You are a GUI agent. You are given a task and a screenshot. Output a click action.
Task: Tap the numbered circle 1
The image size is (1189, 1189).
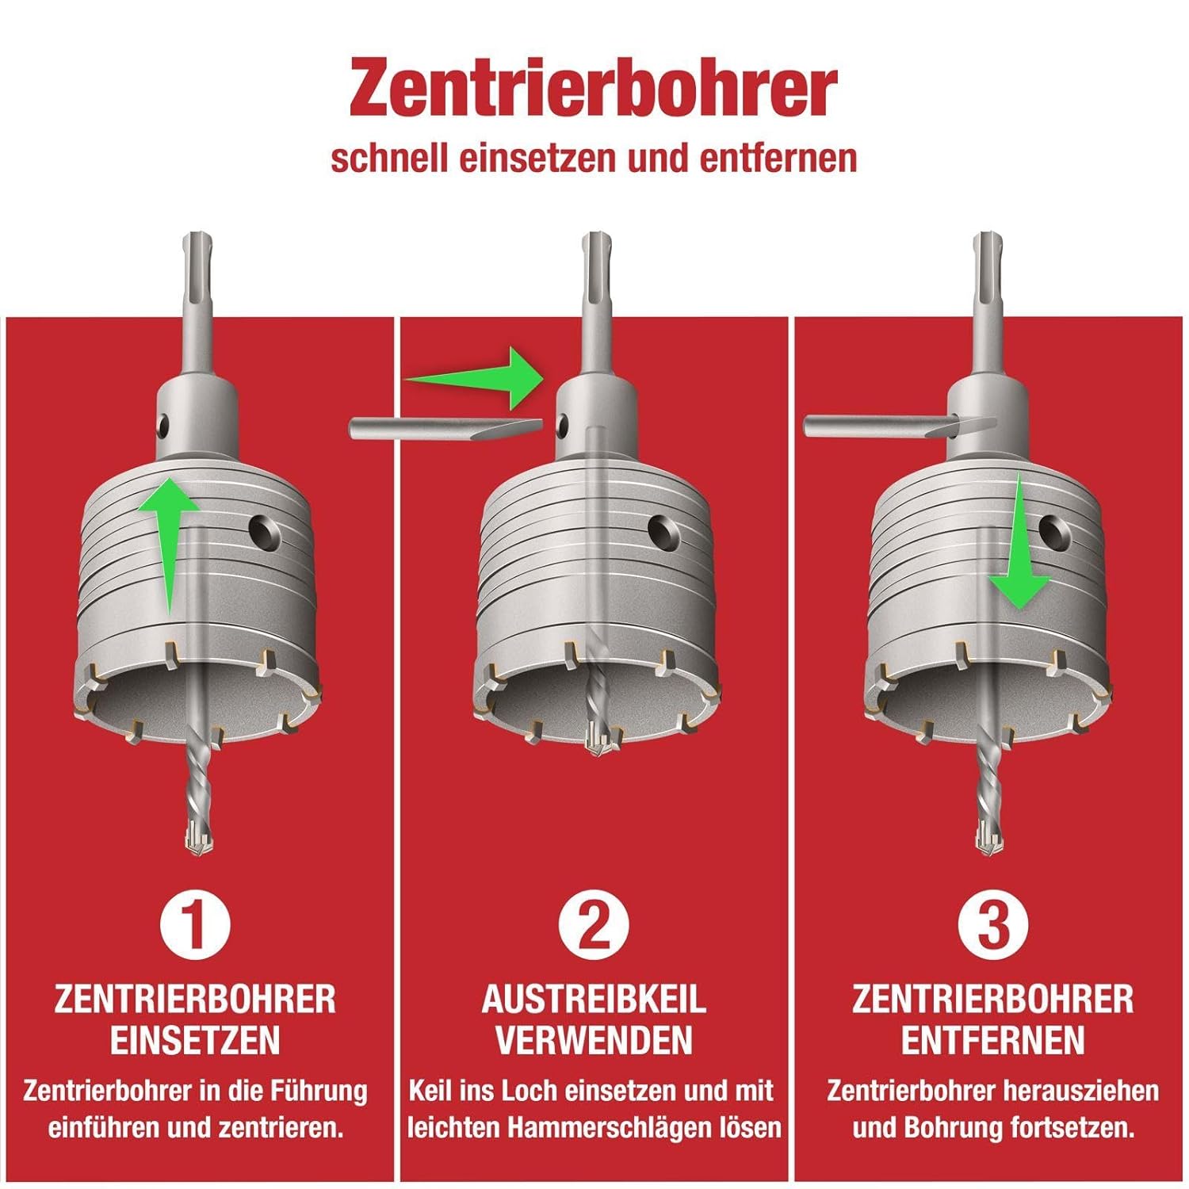195,924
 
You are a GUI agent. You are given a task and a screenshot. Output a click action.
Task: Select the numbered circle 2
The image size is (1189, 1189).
594,924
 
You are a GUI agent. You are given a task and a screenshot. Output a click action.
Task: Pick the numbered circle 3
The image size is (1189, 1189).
992,924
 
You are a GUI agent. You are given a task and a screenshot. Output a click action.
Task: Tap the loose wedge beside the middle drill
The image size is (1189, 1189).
444,429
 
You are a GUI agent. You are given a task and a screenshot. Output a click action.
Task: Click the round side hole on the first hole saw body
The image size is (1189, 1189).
262,533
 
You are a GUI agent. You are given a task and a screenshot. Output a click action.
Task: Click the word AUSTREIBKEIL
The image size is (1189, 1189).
594,1000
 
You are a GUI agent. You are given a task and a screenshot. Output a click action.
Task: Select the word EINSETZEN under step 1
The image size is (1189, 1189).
195,1041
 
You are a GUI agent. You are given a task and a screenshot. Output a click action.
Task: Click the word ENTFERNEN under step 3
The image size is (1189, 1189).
992,1041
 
